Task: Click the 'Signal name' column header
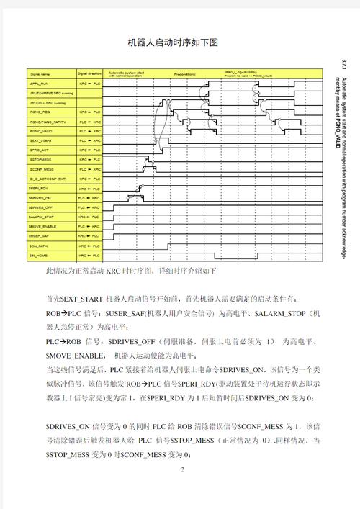(41, 73)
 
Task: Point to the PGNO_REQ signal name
(41, 112)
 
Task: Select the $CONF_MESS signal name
(42, 169)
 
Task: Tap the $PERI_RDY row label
(41, 189)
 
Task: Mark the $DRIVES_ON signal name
(42, 198)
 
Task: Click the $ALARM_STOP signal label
(42, 217)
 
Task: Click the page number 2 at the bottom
(182, 470)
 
